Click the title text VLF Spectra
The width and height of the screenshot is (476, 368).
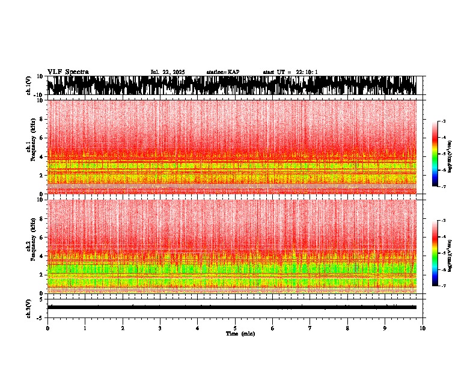(x=68, y=72)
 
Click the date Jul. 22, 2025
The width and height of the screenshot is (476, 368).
(x=168, y=72)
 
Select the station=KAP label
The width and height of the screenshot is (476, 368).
(x=222, y=72)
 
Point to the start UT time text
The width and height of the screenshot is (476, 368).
(x=290, y=72)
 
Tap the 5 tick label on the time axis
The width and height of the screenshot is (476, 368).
(x=235, y=328)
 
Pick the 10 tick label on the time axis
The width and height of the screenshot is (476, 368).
(x=423, y=328)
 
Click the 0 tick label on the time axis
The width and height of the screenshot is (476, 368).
(x=47, y=328)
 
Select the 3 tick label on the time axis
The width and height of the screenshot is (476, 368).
(x=160, y=328)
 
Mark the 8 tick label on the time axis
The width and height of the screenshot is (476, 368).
(x=347, y=328)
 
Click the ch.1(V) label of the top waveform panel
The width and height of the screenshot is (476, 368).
(x=28, y=85)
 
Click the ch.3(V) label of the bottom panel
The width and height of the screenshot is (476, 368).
(x=28, y=307)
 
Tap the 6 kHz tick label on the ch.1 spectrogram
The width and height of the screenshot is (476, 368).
(x=40, y=138)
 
